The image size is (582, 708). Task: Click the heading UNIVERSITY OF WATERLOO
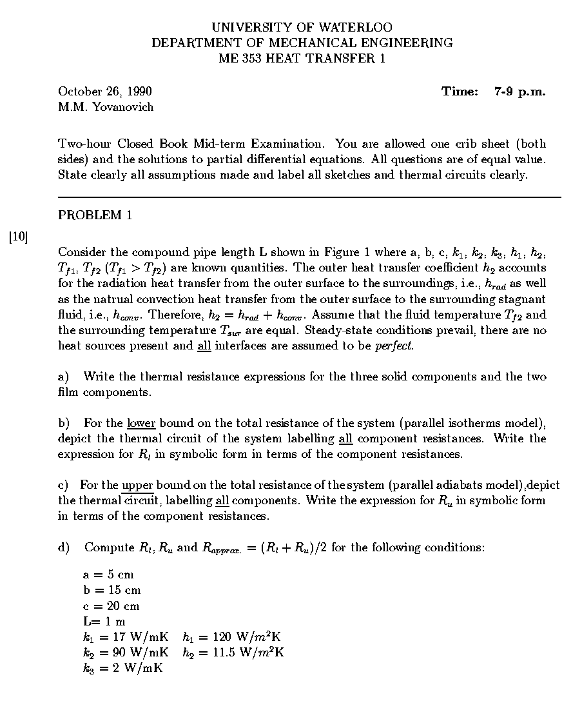[x=302, y=28]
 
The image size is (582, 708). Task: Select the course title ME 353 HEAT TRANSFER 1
[x=302, y=59]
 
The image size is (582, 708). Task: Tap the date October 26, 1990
[x=105, y=92]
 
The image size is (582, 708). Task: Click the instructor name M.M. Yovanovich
[x=106, y=107]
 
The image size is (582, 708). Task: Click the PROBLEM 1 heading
[x=95, y=215]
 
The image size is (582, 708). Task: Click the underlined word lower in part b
[x=141, y=423]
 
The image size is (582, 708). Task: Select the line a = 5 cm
[x=108, y=575]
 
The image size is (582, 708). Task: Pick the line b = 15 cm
[x=112, y=590]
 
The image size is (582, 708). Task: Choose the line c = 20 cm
[x=111, y=606]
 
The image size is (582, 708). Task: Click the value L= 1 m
[x=104, y=622]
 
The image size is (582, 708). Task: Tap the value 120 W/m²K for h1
[x=240, y=637]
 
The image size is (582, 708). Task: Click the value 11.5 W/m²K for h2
[x=242, y=653]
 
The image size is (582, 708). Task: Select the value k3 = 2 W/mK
[x=122, y=668]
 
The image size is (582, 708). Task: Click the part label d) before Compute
[x=64, y=547]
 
